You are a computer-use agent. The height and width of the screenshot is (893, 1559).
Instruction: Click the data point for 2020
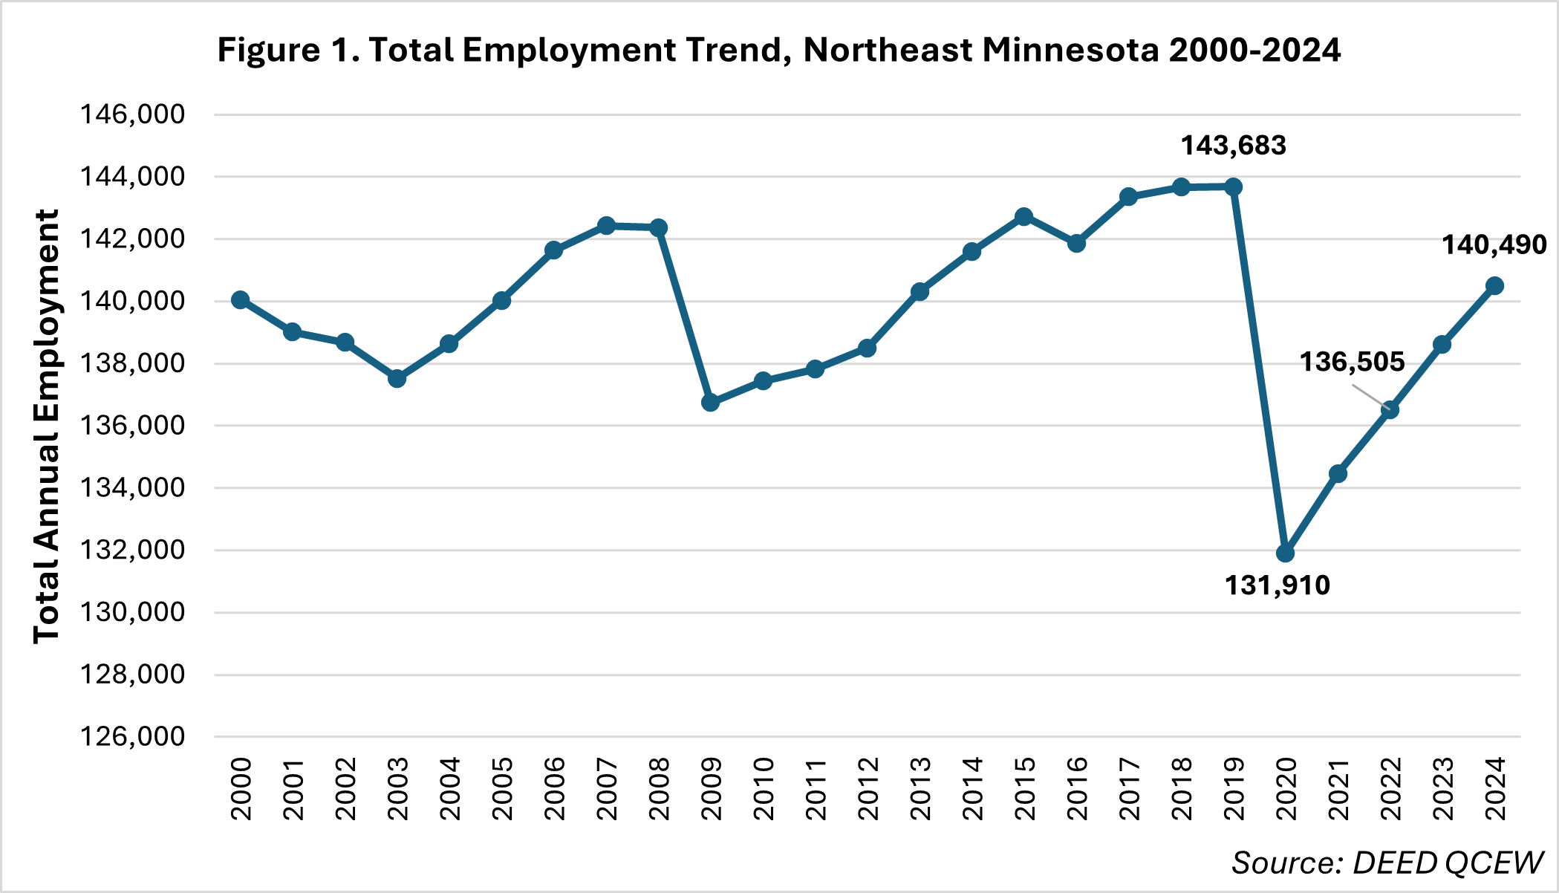click(1286, 553)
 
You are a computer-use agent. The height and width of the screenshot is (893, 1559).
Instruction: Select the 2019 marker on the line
click(1234, 186)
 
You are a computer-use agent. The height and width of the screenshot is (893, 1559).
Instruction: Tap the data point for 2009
click(711, 403)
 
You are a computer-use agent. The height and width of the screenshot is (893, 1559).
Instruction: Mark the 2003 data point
click(397, 379)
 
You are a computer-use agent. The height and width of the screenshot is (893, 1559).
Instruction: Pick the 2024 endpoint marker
click(1495, 286)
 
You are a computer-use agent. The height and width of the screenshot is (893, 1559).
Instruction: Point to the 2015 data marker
click(1024, 217)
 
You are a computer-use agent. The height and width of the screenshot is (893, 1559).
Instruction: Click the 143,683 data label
click(1234, 146)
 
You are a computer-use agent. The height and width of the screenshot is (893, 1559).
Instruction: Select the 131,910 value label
click(1277, 585)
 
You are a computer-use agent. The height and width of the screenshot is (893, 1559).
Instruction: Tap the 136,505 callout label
click(1352, 363)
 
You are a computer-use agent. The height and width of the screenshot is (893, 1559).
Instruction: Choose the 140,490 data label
click(1494, 244)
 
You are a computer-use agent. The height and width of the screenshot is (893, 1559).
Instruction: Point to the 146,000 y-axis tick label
click(132, 114)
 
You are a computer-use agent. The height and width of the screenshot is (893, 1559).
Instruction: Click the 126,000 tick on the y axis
click(132, 736)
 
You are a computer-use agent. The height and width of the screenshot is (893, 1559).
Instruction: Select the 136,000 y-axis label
click(132, 426)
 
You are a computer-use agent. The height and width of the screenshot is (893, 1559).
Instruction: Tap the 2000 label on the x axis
click(241, 789)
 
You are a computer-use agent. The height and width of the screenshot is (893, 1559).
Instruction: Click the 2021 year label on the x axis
click(1338, 789)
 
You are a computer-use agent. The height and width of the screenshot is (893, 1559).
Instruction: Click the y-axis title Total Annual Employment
click(46, 426)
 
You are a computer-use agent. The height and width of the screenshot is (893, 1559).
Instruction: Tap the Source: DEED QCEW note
click(1387, 863)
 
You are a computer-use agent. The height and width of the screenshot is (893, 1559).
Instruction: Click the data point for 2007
click(606, 226)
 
